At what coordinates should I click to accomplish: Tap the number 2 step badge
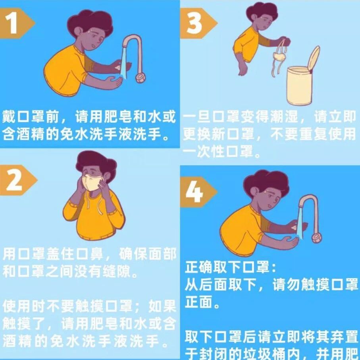pos(15,181)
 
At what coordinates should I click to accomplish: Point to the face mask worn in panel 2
pos(92,185)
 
